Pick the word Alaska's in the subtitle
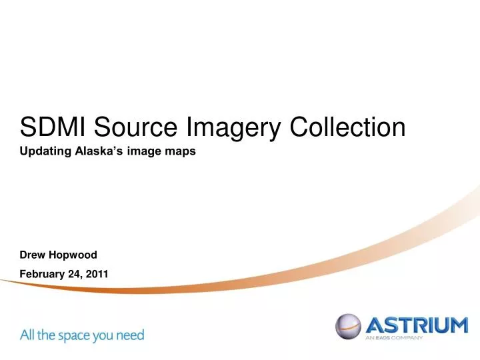click(x=96, y=151)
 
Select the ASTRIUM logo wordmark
click(x=417, y=326)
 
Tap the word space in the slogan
click(x=77, y=335)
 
